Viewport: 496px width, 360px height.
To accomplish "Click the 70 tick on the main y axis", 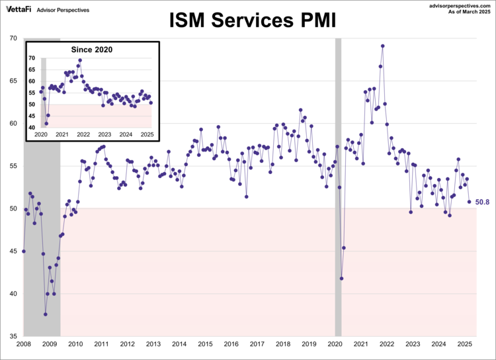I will (x=13, y=38).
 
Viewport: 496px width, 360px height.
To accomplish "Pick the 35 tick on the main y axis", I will (x=13, y=336).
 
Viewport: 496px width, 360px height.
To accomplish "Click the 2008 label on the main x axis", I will (x=24, y=344).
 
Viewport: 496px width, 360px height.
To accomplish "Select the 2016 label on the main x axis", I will (x=231, y=344).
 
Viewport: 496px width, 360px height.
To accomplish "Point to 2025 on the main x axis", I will (x=464, y=344).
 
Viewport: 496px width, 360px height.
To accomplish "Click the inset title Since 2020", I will (x=92, y=50).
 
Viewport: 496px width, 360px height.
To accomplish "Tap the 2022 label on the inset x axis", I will (x=83, y=134).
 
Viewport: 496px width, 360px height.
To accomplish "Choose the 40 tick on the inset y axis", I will (x=32, y=127).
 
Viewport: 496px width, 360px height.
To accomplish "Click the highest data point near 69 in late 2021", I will (x=383, y=46).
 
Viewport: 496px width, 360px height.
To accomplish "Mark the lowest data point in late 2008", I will (x=46, y=314).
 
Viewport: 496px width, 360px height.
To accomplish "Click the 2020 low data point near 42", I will (x=341, y=279).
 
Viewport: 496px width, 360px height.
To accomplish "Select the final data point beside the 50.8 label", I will (x=470, y=202).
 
